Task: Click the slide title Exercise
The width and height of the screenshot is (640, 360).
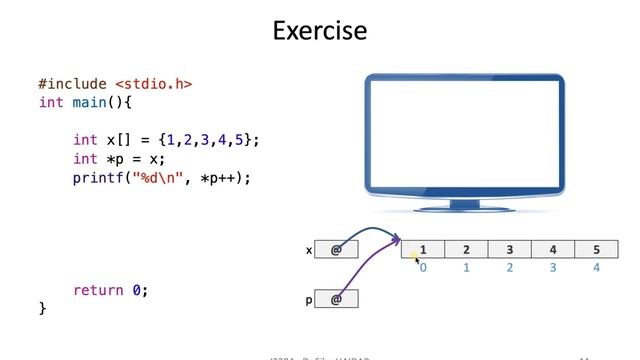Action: [x=320, y=31]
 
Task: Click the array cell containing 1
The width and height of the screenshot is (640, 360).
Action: [x=423, y=250]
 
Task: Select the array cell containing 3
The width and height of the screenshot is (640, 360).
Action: [x=509, y=250]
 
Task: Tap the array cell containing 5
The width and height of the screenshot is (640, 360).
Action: [x=596, y=250]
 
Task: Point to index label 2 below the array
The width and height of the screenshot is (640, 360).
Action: [x=509, y=268]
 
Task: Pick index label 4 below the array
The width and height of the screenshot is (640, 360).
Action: [x=596, y=268]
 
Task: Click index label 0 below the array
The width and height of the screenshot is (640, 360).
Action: [x=423, y=268]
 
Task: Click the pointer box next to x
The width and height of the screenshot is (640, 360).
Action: [x=336, y=250]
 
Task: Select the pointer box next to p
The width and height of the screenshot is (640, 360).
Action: [x=336, y=299]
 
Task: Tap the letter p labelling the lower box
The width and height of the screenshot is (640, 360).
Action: [x=309, y=299]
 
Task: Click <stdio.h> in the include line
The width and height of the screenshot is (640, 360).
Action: [x=153, y=85]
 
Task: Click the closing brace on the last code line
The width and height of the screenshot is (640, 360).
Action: [x=42, y=308]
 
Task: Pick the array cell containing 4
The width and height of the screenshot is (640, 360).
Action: [x=553, y=250]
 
